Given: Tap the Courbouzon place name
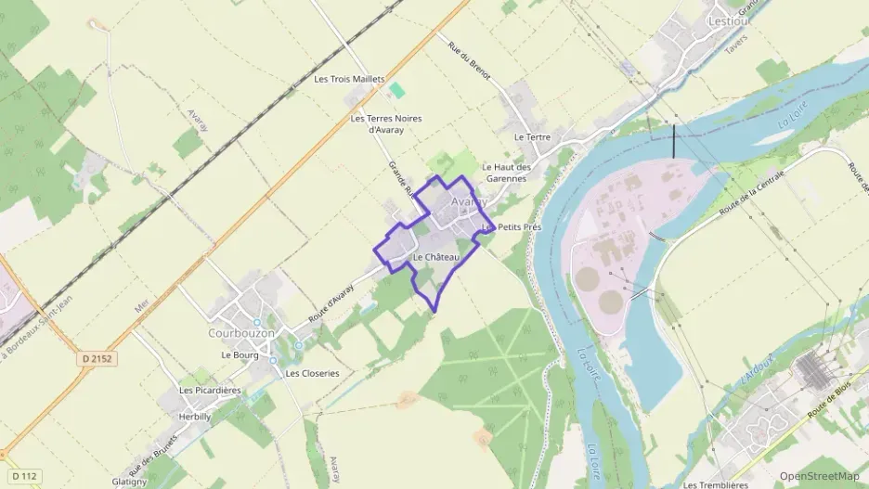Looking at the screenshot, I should click(x=241, y=332).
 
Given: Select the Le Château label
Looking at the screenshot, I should click(x=435, y=257).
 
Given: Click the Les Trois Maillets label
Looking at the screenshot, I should click(x=349, y=80).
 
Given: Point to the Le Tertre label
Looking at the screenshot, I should click(x=532, y=137).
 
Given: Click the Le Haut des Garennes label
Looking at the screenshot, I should click(x=506, y=173).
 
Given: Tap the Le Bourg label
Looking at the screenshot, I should click(x=240, y=354).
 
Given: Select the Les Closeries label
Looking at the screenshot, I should click(x=312, y=373).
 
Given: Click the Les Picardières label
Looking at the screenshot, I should click(x=210, y=391).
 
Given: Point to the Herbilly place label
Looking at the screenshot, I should click(x=194, y=418).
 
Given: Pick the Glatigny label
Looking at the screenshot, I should click(x=129, y=482).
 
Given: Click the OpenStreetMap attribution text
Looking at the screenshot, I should click(x=819, y=476).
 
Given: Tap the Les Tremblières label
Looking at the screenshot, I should click(x=715, y=484).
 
